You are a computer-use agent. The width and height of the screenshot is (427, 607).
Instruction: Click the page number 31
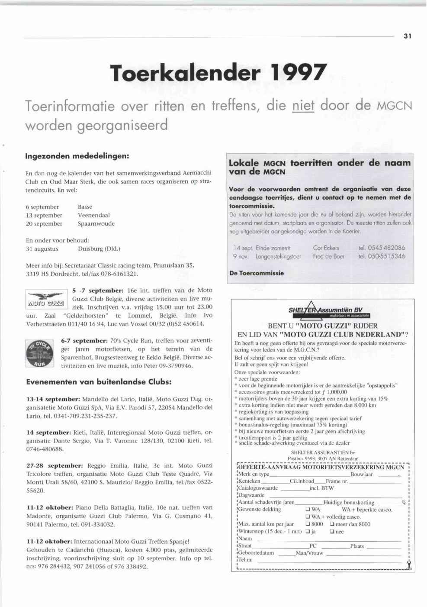(x=407, y=36)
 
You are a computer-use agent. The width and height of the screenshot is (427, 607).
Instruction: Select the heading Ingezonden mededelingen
(x=77, y=155)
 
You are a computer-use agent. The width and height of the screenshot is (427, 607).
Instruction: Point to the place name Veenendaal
(x=94, y=215)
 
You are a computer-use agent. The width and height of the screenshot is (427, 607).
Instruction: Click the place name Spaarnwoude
(x=96, y=224)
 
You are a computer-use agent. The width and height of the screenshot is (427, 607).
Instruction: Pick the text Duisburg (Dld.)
(x=99, y=249)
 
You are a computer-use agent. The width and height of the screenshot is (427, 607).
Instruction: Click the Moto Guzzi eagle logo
(x=46, y=299)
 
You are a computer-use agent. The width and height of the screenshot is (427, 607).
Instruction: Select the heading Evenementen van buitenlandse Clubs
(x=99, y=382)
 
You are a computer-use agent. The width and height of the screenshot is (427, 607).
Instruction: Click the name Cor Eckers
(x=326, y=248)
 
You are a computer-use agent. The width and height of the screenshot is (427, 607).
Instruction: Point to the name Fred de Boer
(x=329, y=256)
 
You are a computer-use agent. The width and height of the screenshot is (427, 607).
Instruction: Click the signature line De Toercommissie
(x=257, y=273)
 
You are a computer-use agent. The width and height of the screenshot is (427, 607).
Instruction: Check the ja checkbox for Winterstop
(x=308, y=532)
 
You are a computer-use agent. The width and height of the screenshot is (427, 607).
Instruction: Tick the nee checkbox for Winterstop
(x=332, y=532)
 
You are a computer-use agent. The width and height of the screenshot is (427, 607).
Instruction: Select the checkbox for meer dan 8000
(x=332, y=524)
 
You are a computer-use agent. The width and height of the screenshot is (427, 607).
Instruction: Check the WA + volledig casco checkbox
(x=308, y=517)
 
